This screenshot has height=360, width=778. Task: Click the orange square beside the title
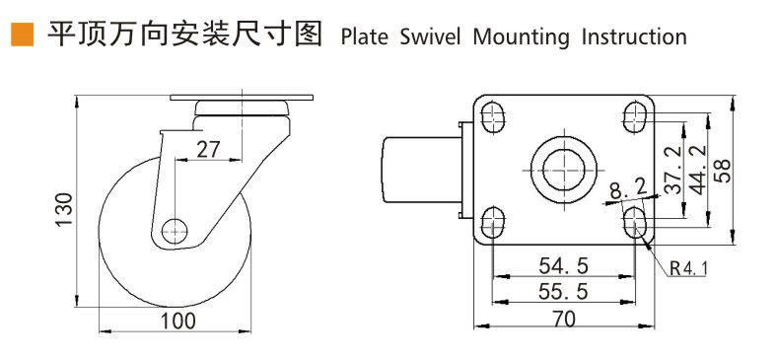click(22, 35)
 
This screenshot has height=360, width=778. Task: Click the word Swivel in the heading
click(430, 37)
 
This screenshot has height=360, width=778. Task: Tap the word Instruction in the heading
click(634, 37)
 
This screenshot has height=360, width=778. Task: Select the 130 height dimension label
click(65, 209)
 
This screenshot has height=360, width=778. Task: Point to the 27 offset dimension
click(207, 149)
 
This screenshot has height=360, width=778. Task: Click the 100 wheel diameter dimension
click(177, 322)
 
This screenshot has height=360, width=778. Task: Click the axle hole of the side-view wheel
click(175, 231)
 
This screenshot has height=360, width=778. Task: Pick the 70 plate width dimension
click(563, 319)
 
